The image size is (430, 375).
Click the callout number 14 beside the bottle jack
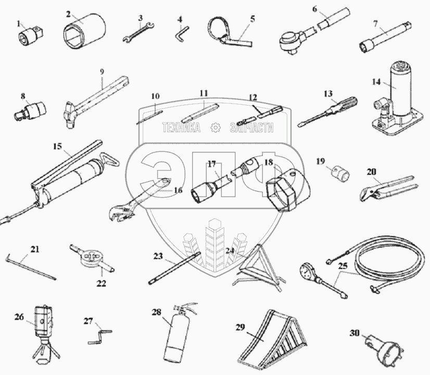[x=376, y=82]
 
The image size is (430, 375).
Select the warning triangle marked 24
[x=257, y=268]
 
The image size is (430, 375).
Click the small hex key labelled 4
[x=182, y=32]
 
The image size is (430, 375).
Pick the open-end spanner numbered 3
[x=138, y=32]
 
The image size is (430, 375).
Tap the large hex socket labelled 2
[x=84, y=31]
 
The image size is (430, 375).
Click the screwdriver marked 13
[x=328, y=112]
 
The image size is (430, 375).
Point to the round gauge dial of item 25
[x=308, y=272]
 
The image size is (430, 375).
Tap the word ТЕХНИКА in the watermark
[x=181, y=127]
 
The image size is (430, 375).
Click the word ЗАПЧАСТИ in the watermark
[x=252, y=127]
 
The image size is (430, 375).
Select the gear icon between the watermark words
[x=216, y=127]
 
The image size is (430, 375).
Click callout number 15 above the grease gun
[x=58, y=147]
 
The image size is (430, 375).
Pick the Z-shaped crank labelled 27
[x=100, y=337]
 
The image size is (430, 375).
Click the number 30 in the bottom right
[x=355, y=333]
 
